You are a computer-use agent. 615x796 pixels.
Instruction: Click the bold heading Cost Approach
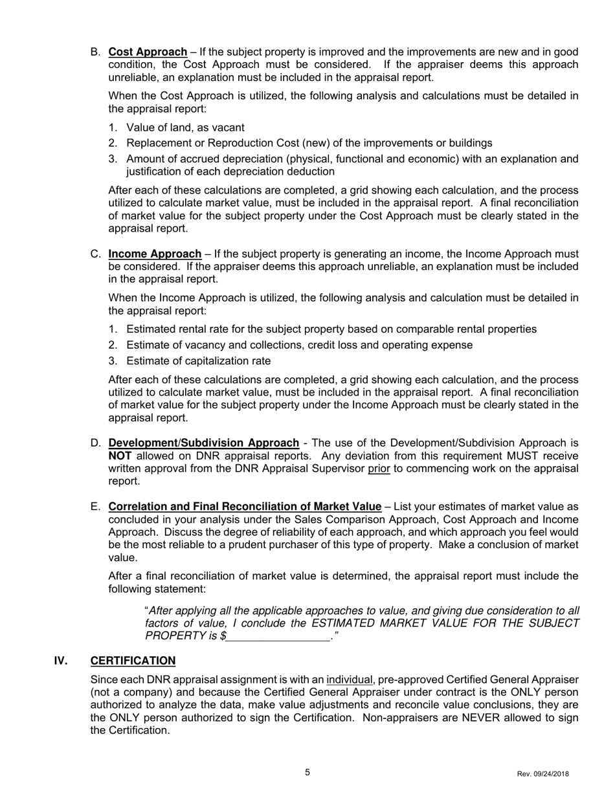point(148,52)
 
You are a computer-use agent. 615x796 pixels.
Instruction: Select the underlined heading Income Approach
point(155,254)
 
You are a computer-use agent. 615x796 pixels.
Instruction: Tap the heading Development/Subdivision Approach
point(203,443)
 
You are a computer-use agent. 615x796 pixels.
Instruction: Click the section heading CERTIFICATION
point(133,661)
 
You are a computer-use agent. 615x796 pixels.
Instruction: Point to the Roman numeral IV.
point(61,661)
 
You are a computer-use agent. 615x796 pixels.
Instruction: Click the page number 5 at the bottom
point(307,772)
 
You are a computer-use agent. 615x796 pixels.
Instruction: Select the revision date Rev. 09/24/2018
point(543,774)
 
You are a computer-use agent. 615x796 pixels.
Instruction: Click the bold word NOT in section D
point(120,456)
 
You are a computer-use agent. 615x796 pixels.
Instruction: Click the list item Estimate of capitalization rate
point(198,361)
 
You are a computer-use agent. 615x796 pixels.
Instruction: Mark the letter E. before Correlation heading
point(96,507)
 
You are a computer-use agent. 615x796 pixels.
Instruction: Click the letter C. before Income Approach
point(96,254)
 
